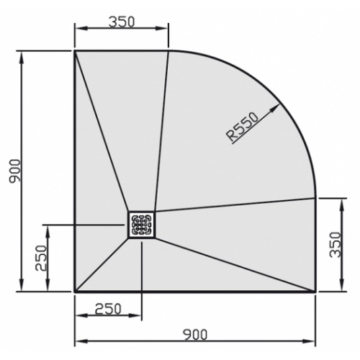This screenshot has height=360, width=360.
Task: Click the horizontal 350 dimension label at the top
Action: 122,21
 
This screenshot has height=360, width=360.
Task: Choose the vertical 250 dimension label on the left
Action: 40,258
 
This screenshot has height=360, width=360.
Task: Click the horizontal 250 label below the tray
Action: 107,308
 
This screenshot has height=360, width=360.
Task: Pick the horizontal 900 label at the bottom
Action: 195,333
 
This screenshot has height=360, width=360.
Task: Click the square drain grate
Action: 142,225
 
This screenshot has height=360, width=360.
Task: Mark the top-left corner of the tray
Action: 75,51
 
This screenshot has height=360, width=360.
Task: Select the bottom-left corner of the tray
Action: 75,292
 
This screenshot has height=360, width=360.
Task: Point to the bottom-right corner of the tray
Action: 315,292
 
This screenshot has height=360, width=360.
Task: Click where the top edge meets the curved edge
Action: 168,51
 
